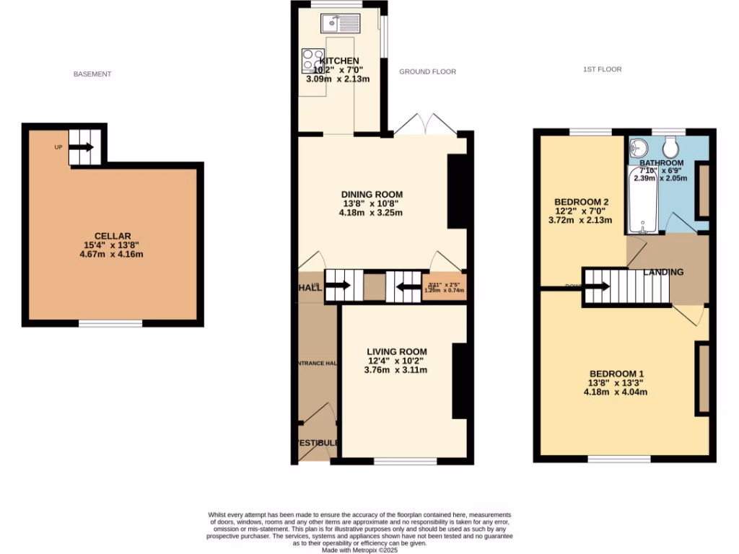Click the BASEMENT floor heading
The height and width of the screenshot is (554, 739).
click(92, 74)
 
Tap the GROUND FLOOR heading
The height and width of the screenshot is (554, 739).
click(428, 72)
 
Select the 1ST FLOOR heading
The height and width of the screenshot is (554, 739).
click(603, 70)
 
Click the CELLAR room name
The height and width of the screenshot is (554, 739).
click(113, 236)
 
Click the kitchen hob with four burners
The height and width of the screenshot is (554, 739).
click(313, 61)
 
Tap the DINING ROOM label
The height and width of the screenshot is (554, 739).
click(372, 195)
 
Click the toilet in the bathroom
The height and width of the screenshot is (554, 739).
click(670, 149)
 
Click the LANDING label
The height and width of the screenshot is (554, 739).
click(663, 273)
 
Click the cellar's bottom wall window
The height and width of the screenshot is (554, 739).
click(110, 324)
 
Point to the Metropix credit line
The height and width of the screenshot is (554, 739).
click(359, 550)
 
